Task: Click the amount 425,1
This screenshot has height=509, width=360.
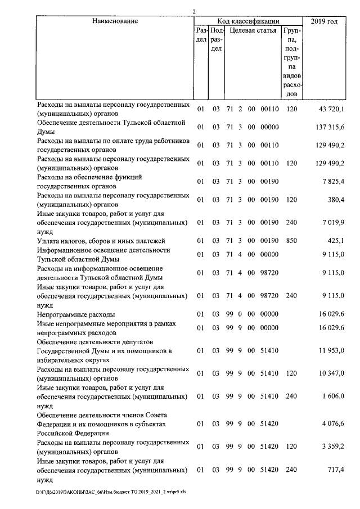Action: [x=335, y=241]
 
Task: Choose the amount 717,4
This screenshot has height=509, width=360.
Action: [x=335, y=470]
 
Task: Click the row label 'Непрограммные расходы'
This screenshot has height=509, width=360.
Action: [x=76, y=314]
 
